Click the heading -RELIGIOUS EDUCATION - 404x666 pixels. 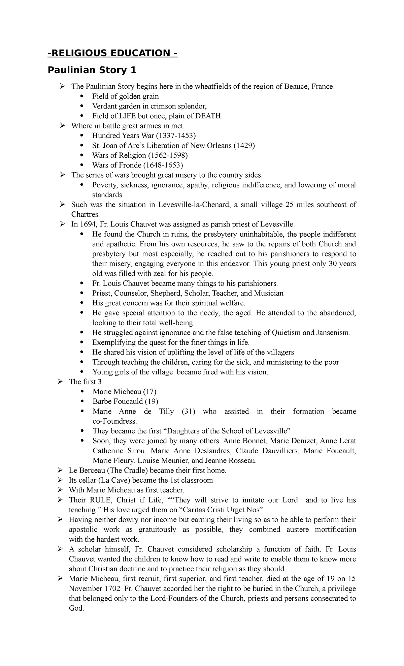[112, 53]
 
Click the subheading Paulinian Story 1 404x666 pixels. [92, 70]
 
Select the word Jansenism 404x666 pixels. [333, 333]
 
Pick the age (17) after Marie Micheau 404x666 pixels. [149, 392]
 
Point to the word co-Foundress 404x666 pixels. [115, 421]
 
